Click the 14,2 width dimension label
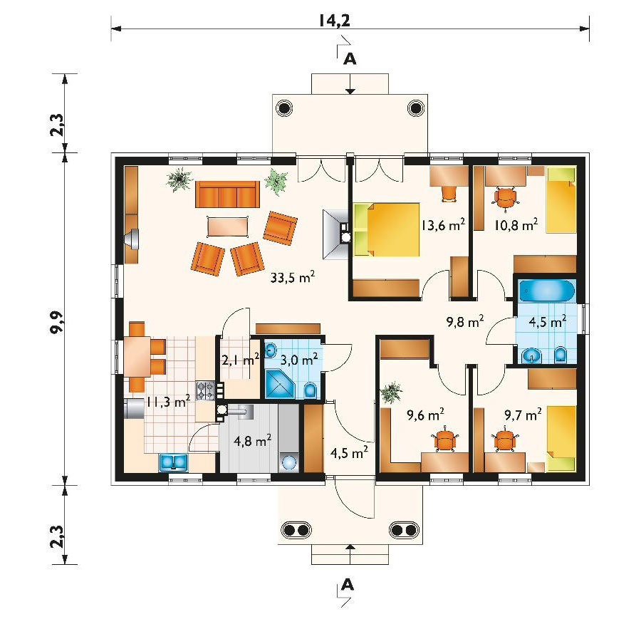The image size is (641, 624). pyautogui.click(x=335, y=21)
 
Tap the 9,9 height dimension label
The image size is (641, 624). pyautogui.click(x=57, y=322)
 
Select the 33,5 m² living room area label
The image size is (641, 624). pyautogui.click(x=292, y=278)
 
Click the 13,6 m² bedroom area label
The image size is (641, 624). pyautogui.click(x=443, y=225)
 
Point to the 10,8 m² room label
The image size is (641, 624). pyautogui.click(x=516, y=224)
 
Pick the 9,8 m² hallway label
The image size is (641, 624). pyautogui.click(x=465, y=322)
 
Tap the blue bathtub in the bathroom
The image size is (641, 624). pyautogui.click(x=546, y=291)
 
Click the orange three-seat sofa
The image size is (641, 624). pyautogui.click(x=227, y=194)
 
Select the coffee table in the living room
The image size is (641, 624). pyautogui.click(x=228, y=226)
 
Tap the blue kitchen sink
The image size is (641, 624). pyautogui.click(x=173, y=462)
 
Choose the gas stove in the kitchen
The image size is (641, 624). pyautogui.click(x=206, y=390)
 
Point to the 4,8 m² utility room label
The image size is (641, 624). pyautogui.click(x=252, y=441)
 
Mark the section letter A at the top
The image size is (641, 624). pyautogui.click(x=350, y=59)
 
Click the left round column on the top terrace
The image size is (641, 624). pyautogui.click(x=283, y=108)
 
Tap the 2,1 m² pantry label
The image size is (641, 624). pyautogui.click(x=241, y=360)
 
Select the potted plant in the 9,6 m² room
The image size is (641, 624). pyautogui.click(x=391, y=392)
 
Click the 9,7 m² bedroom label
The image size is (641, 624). pyautogui.click(x=523, y=415)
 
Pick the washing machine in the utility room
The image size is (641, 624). pyautogui.click(x=289, y=462)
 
